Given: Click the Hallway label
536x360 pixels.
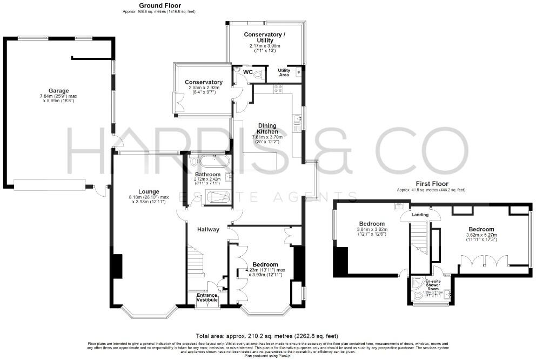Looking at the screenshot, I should point(208,229).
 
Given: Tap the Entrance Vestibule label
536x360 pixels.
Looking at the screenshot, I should point(207,297).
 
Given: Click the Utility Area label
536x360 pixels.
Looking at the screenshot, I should point(284,72).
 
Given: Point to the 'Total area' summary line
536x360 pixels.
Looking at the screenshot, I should point(268,335).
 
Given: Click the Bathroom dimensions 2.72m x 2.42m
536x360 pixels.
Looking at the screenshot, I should point(208,182).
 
